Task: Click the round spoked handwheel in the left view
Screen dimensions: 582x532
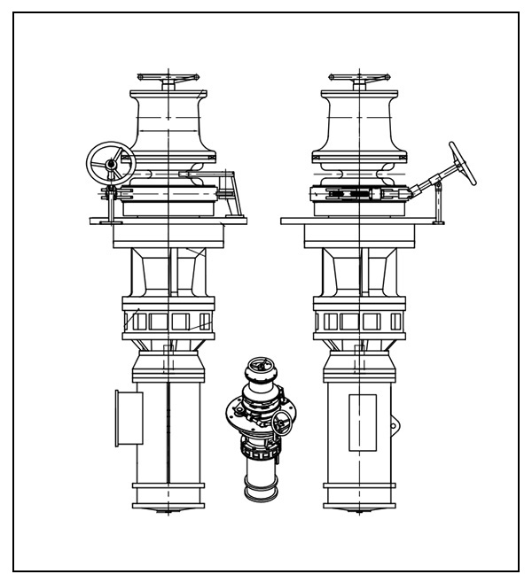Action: point(109,164)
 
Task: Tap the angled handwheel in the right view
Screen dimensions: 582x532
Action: point(462,163)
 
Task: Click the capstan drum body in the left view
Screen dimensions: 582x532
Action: point(168,124)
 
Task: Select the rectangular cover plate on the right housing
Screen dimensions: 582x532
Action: point(363,420)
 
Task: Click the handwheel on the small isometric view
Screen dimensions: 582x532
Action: point(283,423)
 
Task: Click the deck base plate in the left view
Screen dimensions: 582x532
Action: point(168,221)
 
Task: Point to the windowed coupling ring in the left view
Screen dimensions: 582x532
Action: point(168,320)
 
